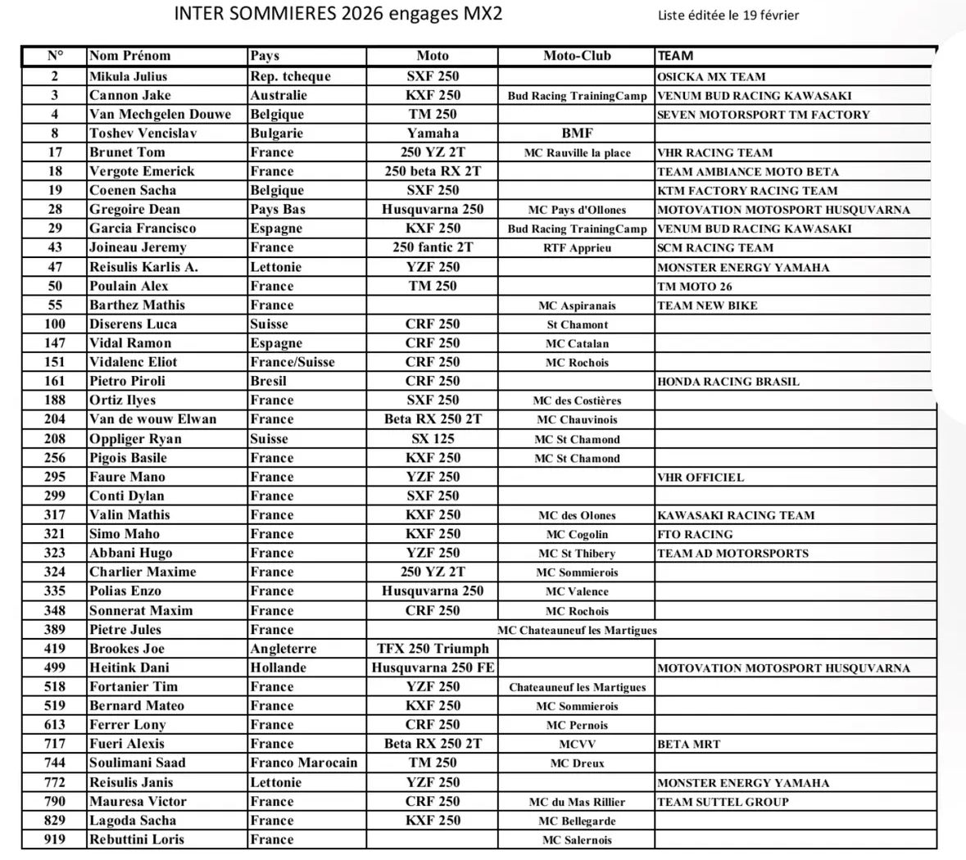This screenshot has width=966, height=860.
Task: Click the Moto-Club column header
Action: tap(577, 56)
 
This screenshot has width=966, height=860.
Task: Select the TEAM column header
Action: tap(675, 56)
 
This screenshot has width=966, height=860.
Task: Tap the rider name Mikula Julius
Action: tap(128, 76)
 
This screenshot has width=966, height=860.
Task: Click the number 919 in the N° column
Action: tap(55, 839)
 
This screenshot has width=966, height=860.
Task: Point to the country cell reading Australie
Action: tap(279, 95)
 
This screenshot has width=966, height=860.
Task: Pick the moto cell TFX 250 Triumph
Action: tap(432, 649)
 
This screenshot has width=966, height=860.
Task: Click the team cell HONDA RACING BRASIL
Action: tap(728, 382)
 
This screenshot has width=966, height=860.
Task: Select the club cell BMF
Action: tap(577, 133)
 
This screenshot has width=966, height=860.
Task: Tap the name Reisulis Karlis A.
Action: tap(143, 267)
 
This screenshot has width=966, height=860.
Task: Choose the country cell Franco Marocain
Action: tap(304, 763)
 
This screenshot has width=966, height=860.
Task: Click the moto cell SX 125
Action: tap(432, 439)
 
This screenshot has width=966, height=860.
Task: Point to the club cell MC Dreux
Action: tap(577, 763)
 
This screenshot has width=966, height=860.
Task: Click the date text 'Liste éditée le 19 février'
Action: tap(728, 15)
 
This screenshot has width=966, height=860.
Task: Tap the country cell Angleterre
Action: tap(283, 649)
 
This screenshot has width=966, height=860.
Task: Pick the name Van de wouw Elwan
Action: tap(152, 419)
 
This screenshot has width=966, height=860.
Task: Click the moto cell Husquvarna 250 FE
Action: tap(432, 668)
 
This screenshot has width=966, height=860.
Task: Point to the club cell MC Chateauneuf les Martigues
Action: tap(577, 630)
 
